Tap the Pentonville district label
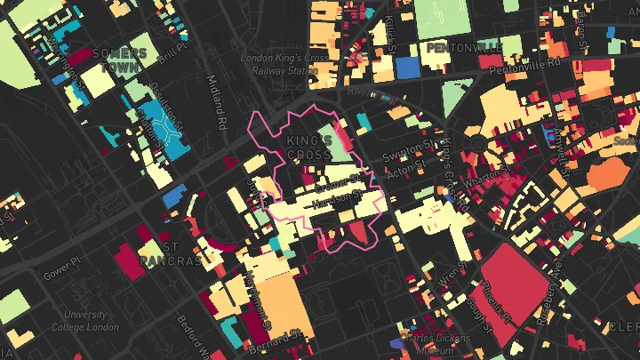click(462, 47)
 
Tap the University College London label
click(86, 320)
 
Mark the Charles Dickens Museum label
click(429, 343)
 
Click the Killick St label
click(389, 36)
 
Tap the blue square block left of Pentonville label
click(407, 67)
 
